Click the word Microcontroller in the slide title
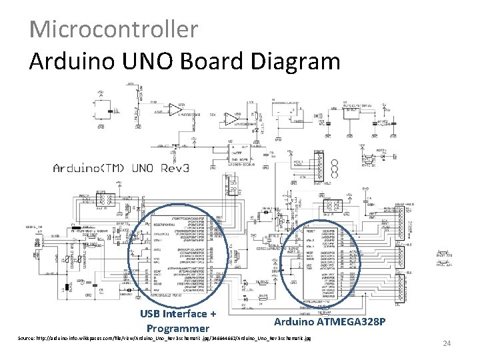click(x=114, y=29)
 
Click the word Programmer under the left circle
click(x=177, y=329)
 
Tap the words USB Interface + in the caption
click(x=178, y=315)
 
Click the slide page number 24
click(x=447, y=343)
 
